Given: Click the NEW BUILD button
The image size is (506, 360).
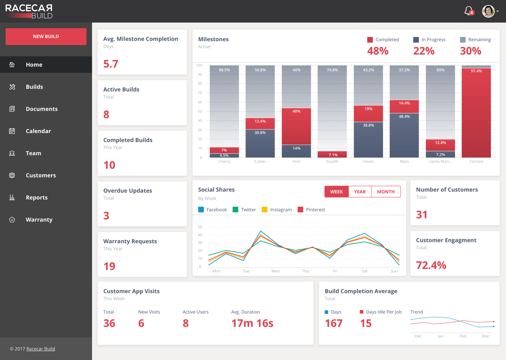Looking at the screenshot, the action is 46,36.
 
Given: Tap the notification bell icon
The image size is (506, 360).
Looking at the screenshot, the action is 468,11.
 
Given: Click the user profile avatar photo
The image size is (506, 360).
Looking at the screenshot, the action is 488,11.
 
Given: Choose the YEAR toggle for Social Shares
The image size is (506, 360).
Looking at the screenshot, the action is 360,192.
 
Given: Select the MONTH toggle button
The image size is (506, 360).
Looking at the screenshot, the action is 386,192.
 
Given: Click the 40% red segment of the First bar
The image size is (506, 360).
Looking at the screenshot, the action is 296,126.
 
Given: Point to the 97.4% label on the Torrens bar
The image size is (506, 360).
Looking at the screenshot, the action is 476,71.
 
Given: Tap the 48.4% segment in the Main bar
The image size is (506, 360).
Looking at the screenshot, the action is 404,135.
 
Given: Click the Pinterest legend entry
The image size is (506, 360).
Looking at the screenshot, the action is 311,209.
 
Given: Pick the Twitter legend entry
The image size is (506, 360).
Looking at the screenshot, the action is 244,209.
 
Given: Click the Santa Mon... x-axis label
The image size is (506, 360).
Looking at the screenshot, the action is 441,161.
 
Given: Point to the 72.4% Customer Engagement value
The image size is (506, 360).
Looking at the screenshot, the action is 431,265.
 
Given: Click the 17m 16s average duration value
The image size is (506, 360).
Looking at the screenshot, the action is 252,323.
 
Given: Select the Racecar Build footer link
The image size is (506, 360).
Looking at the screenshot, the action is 41,349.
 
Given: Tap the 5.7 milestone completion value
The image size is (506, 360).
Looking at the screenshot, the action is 111,64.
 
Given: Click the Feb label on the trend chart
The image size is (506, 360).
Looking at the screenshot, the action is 463,336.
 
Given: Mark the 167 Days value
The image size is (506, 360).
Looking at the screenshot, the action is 334,323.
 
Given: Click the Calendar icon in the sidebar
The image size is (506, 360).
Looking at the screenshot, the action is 12,131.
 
